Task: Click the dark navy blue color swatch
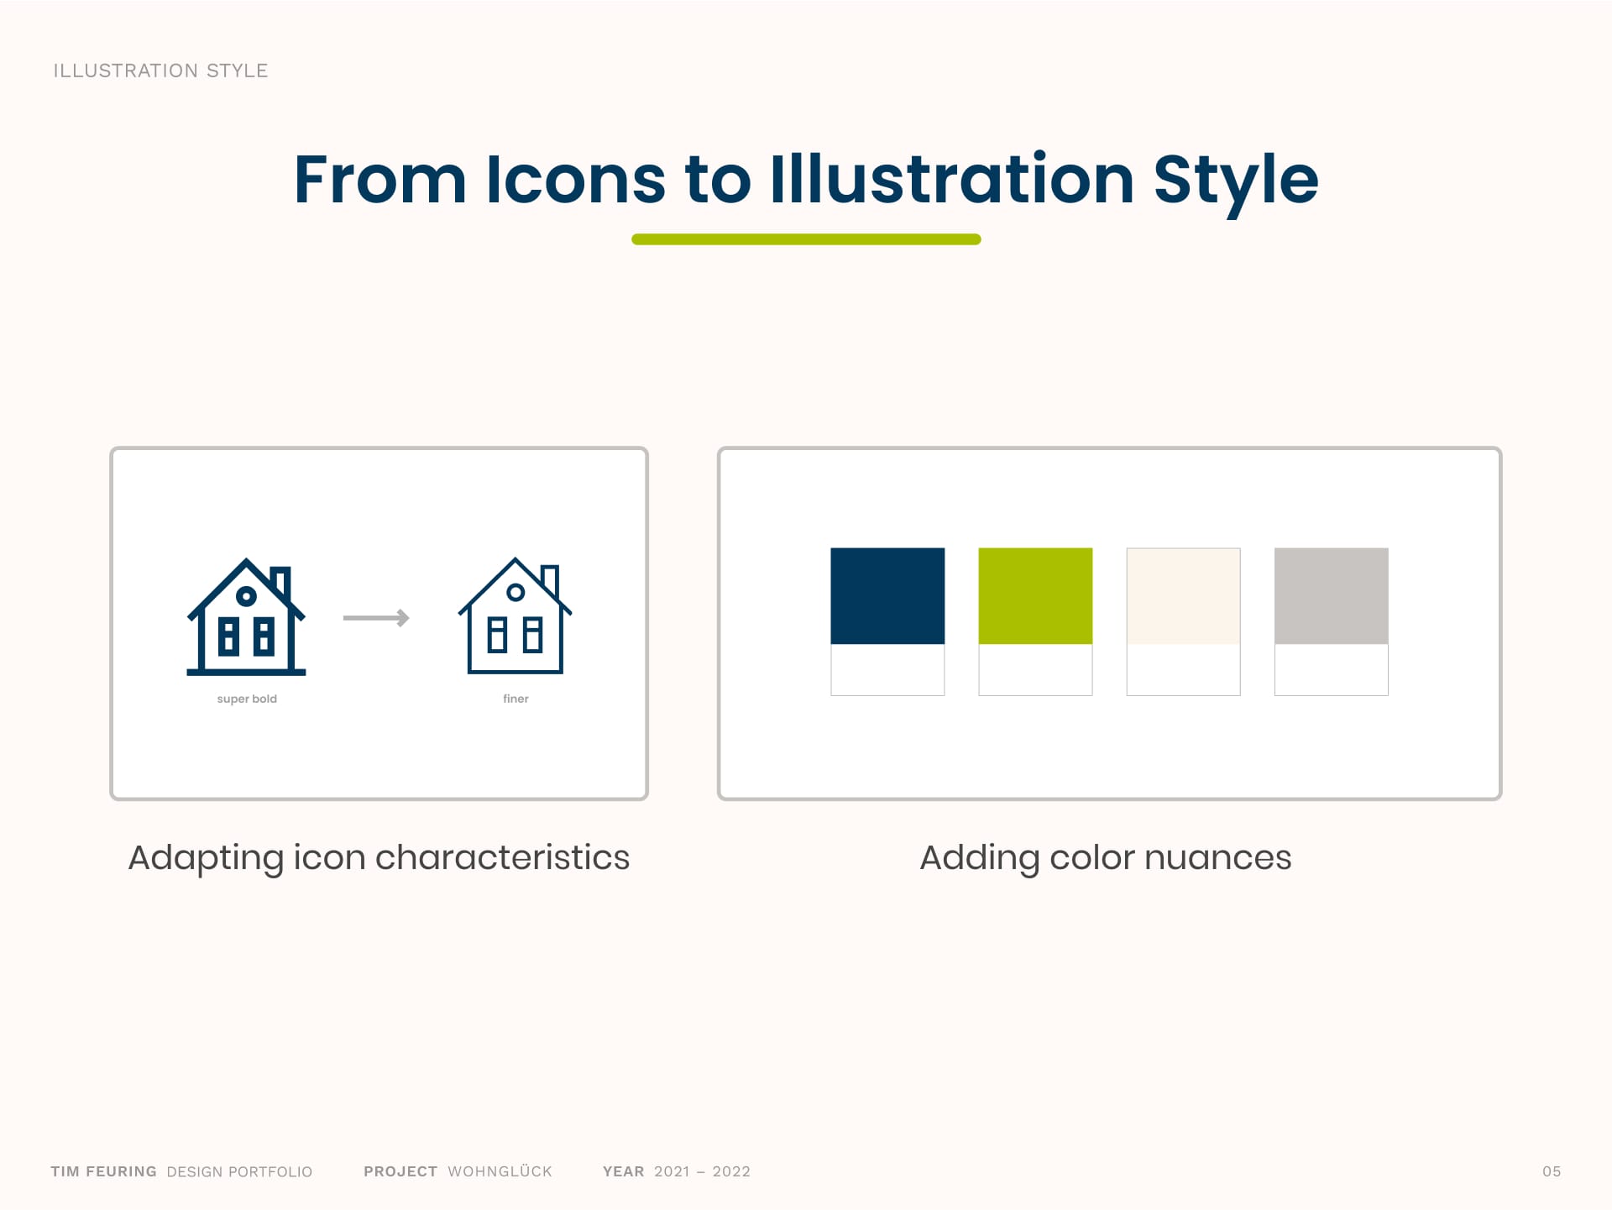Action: pos(887,596)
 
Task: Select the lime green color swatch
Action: pos(1035,596)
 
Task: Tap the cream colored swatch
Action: pos(1183,596)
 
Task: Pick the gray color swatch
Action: pos(1331,596)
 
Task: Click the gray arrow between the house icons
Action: pos(376,618)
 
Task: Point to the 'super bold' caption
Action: pos(247,699)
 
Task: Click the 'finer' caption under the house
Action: pos(516,699)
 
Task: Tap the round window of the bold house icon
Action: pos(246,596)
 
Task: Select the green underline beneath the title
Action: pos(806,239)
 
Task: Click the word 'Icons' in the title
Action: pos(576,180)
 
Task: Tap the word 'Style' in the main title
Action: pos(1236,183)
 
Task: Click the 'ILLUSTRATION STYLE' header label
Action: pos(160,71)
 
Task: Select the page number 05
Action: pos(1552,1171)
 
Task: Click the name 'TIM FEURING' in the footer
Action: pos(103,1171)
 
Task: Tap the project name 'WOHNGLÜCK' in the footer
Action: pos(500,1171)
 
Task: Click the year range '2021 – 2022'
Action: pos(702,1171)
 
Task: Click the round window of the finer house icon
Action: pos(516,593)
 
